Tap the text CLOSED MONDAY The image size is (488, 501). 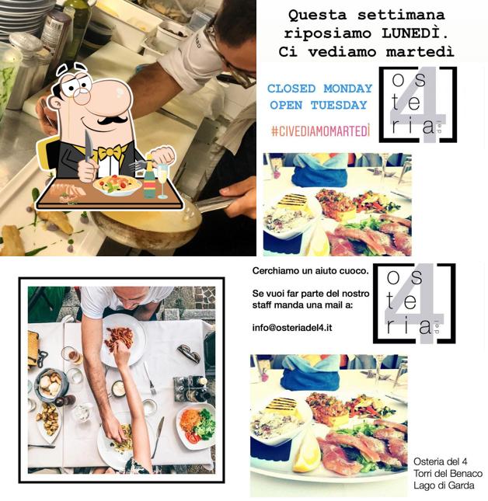coord(319,89)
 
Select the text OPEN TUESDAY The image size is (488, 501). coord(318,105)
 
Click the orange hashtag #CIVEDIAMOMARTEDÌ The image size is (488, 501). coord(319,131)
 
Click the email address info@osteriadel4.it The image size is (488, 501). coord(292,327)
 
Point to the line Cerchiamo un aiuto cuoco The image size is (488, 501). coord(301,270)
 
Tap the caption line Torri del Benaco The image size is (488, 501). coord(448,474)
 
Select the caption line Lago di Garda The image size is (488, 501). coord(444,485)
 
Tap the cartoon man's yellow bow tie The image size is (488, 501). coord(110,151)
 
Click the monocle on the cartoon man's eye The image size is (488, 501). coord(82,91)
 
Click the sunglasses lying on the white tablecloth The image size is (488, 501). coord(189,354)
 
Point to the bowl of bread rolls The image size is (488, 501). coord(51,384)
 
